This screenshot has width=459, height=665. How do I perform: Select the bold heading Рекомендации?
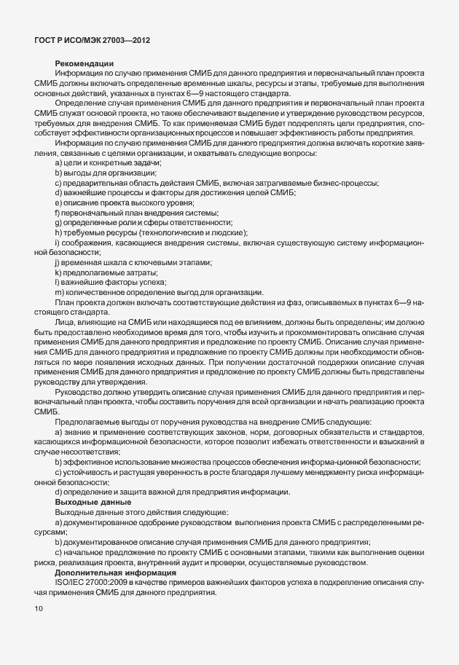tap(84, 63)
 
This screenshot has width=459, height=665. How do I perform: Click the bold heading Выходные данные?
tap(93, 502)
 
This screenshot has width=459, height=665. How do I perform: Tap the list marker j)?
tap(58, 261)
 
